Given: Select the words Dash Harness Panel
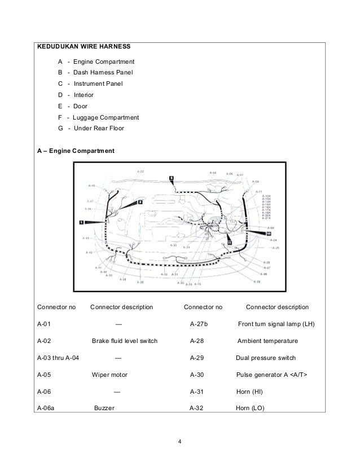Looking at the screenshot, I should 98,72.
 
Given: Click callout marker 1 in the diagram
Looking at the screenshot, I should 82,223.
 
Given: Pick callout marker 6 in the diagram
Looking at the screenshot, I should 172,178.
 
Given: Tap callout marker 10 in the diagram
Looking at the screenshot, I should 269,233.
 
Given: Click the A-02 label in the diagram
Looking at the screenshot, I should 140,171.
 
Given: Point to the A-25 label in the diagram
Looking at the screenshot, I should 275,248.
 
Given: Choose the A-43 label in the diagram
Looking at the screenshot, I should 86,239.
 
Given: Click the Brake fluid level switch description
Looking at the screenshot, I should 125,341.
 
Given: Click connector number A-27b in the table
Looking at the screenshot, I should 199,324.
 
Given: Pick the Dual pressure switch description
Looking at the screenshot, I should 265,358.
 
